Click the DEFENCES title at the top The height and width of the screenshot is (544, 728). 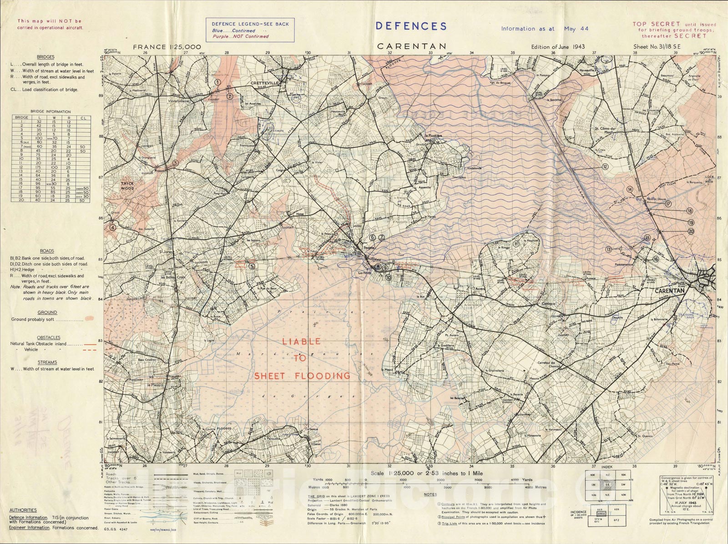pyautogui.click(x=411, y=26)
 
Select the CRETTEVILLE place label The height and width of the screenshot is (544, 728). pyautogui.click(x=264, y=83)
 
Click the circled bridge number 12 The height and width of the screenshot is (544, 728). pyautogui.click(x=605, y=167)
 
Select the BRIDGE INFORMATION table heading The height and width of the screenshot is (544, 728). pyautogui.click(x=51, y=112)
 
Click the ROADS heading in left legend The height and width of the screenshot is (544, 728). pyautogui.click(x=46, y=251)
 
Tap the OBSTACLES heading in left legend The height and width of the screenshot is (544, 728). pyautogui.click(x=49, y=337)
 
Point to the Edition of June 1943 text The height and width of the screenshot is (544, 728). pyautogui.click(x=557, y=46)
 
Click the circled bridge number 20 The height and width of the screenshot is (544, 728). pyautogui.click(x=691, y=231)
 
